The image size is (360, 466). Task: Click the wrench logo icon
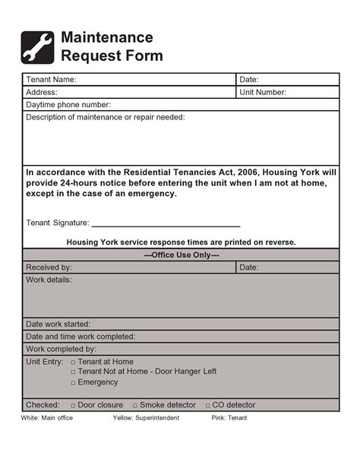pyautogui.click(x=37, y=46)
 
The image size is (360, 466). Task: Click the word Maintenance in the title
pyautogui.click(x=106, y=37)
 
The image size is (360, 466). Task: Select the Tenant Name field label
pyautogui.click(x=51, y=80)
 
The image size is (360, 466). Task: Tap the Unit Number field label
pyautogui.click(x=263, y=92)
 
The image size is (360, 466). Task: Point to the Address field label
pyautogui.click(x=42, y=92)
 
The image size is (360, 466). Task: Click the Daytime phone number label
pyautogui.click(x=68, y=105)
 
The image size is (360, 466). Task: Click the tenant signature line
pyautogui.click(x=166, y=226)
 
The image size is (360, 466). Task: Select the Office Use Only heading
pyautogui.click(x=181, y=255)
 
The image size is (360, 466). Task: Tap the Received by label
pyautogui.click(x=49, y=268)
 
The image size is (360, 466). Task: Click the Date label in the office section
pyautogui.click(x=249, y=268)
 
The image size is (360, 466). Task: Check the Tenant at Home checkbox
pyautogui.click(x=73, y=363)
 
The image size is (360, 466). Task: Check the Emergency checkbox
pyautogui.click(x=73, y=383)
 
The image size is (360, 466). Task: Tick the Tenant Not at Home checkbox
pyautogui.click(x=73, y=372)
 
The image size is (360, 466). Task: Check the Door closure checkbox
pyautogui.click(x=73, y=406)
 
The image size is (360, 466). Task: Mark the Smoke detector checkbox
pyautogui.click(x=135, y=406)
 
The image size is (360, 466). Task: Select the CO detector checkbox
pyautogui.click(x=208, y=406)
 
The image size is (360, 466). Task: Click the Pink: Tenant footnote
pyautogui.click(x=229, y=418)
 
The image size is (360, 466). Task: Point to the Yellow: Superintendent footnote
pyautogui.click(x=146, y=418)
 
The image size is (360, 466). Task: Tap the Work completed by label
pyautogui.click(x=61, y=349)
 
